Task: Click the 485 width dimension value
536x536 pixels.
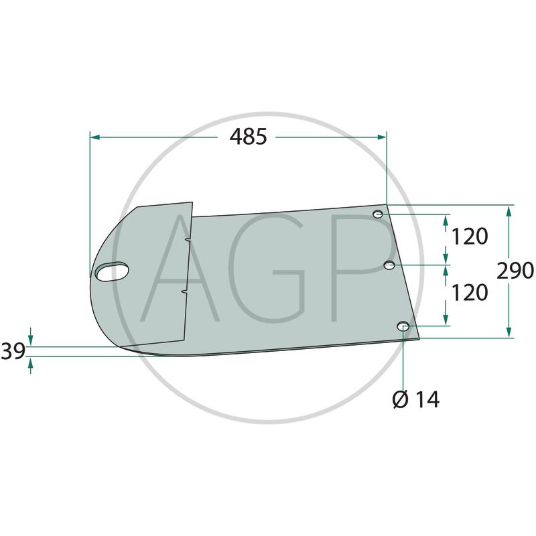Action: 248,137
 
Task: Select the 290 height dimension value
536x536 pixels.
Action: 515,271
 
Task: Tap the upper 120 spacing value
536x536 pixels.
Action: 470,237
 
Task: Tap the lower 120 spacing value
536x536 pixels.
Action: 470,293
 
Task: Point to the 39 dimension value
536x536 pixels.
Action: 13,351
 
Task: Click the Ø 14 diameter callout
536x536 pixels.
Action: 416,399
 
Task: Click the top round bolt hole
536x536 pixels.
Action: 378,214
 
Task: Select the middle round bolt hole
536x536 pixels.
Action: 390,265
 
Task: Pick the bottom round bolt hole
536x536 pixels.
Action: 403,326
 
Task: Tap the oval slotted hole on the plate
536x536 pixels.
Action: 112,272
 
